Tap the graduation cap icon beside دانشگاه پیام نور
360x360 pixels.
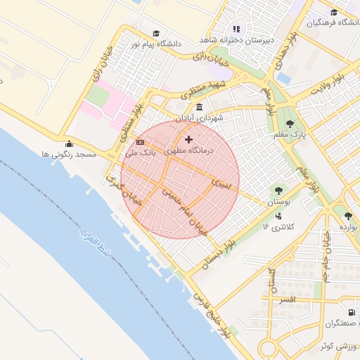[x=155, y=33]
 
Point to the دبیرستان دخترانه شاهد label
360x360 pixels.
[x=237, y=39]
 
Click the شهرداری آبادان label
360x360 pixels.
[x=200, y=118]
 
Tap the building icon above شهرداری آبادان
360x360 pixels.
[x=200, y=108]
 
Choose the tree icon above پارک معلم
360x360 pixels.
[x=290, y=124]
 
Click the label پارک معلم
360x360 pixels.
[x=290, y=135]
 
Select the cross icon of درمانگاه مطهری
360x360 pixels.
[x=188, y=140]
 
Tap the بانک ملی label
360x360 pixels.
[x=139, y=152]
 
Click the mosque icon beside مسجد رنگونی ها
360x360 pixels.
[x=69, y=145]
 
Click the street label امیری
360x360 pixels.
[x=220, y=185]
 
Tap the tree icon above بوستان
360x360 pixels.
[x=279, y=190]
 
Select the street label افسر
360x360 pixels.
[x=288, y=300]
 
